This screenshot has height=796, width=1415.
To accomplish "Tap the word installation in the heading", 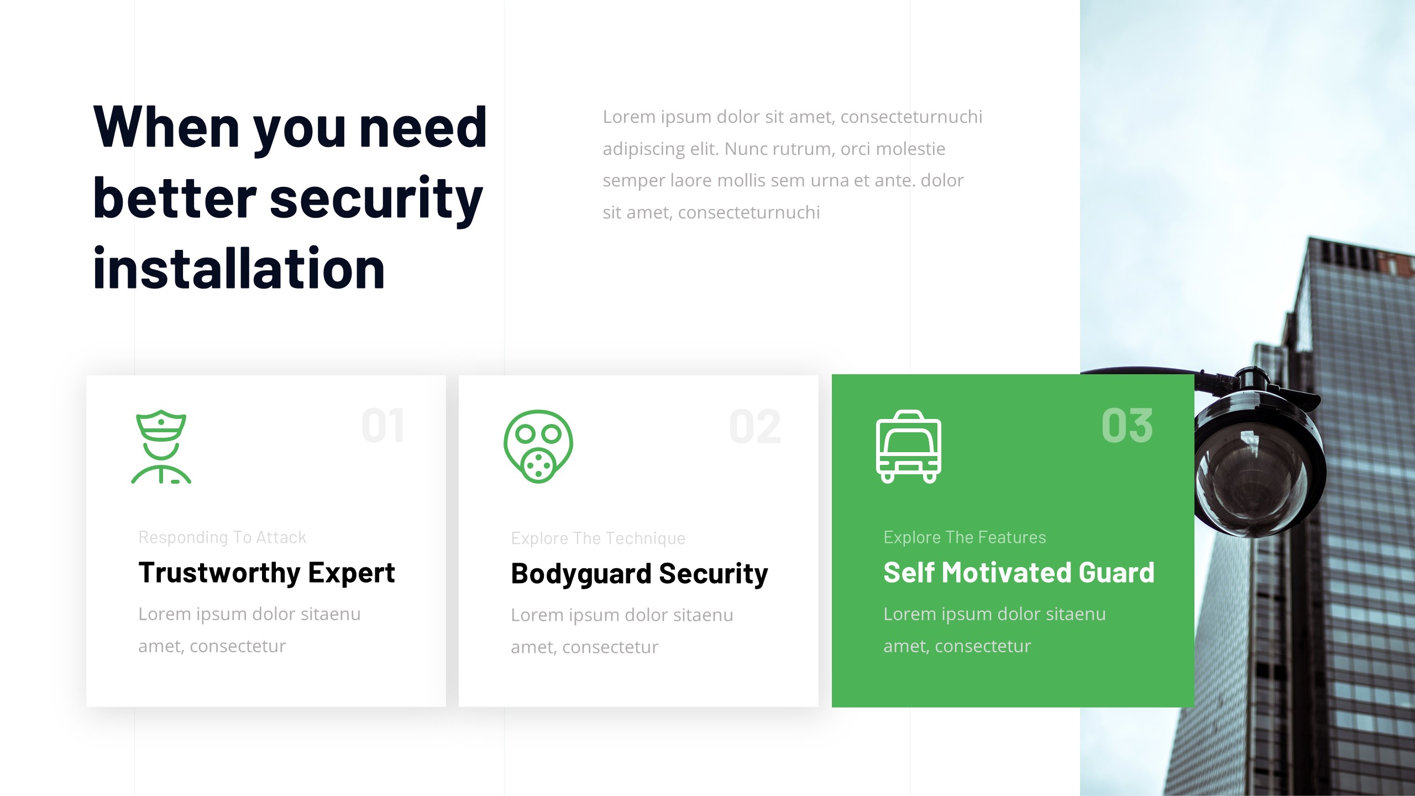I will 239,269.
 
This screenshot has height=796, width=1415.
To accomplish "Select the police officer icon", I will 161,447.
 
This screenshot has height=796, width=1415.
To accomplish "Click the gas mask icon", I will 538,447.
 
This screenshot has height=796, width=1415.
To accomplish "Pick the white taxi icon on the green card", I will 908,447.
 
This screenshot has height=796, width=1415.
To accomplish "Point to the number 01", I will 382,426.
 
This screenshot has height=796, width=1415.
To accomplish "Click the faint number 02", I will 755,427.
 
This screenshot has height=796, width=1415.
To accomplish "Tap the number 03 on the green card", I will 1127,426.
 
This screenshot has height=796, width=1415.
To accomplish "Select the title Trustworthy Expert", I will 266,573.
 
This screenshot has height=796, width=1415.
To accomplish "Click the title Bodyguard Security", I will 639,574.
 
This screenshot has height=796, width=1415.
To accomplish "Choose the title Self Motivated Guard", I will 1019,573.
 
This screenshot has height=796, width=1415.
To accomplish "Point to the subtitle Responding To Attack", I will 222,537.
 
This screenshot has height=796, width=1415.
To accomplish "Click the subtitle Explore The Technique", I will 598,538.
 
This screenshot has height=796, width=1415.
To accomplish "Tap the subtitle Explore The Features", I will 965,537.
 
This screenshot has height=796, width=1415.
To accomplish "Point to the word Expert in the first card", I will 352,573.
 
